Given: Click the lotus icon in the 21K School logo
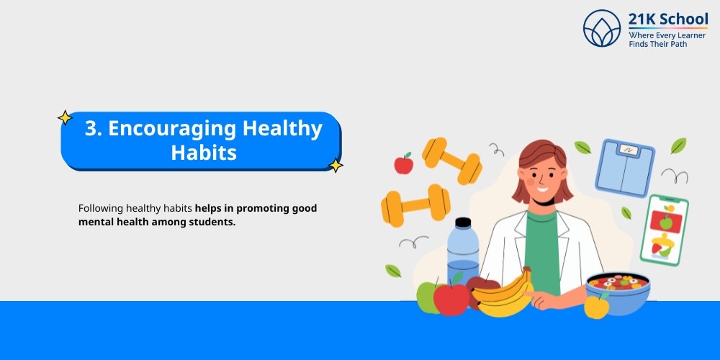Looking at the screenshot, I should [x=602, y=28].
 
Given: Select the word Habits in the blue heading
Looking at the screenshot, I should [x=204, y=153].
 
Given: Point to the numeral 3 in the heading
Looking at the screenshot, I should [x=91, y=129].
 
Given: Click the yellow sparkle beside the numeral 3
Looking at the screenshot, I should [x=65, y=117].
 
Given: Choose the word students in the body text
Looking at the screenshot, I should [x=212, y=222].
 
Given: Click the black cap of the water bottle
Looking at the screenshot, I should [x=463, y=223].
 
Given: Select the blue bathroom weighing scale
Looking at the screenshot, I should [x=625, y=168].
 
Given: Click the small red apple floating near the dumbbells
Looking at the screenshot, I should [x=404, y=164].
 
